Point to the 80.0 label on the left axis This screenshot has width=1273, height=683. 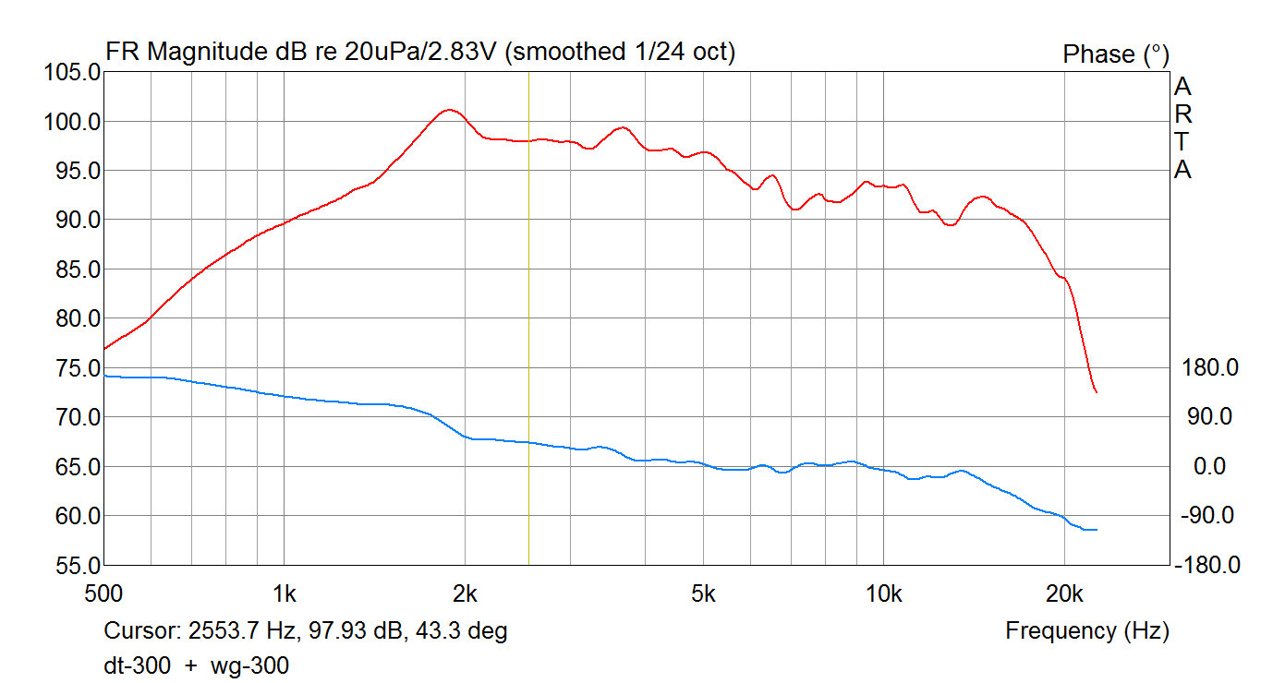(x=73, y=318)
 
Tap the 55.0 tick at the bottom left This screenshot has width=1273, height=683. (x=73, y=565)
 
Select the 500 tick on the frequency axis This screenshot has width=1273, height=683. (x=103, y=593)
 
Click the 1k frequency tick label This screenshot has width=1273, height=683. (x=284, y=593)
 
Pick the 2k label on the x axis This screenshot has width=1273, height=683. (x=465, y=593)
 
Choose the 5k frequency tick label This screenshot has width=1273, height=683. (x=704, y=593)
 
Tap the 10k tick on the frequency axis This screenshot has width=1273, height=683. (x=884, y=593)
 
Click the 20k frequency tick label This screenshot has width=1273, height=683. (x=1064, y=593)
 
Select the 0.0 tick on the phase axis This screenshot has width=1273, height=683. (x=1209, y=466)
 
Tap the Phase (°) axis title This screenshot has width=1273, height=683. (x=1116, y=54)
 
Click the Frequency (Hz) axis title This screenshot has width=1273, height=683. (x=1087, y=631)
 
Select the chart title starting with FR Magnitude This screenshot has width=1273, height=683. (x=421, y=53)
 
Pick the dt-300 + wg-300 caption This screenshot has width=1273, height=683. (x=196, y=665)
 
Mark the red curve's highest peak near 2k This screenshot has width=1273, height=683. (x=449, y=110)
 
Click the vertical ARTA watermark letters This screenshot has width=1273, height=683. (x=1182, y=128)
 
